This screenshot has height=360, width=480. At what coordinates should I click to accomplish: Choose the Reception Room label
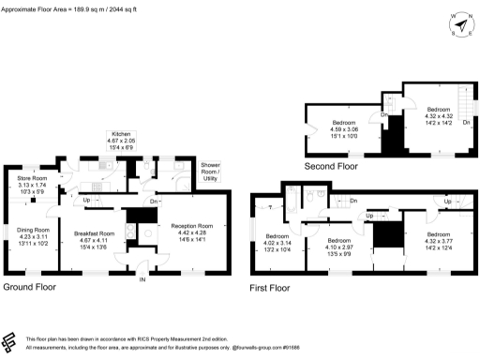point(191,231)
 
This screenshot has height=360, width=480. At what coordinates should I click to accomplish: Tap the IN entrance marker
point(143,279)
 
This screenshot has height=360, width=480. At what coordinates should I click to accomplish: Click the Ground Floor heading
point(33,286)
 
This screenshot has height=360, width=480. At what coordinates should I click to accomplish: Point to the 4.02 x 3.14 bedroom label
point(277,241)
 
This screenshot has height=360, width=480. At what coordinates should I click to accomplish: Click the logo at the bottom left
point(12,342)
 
